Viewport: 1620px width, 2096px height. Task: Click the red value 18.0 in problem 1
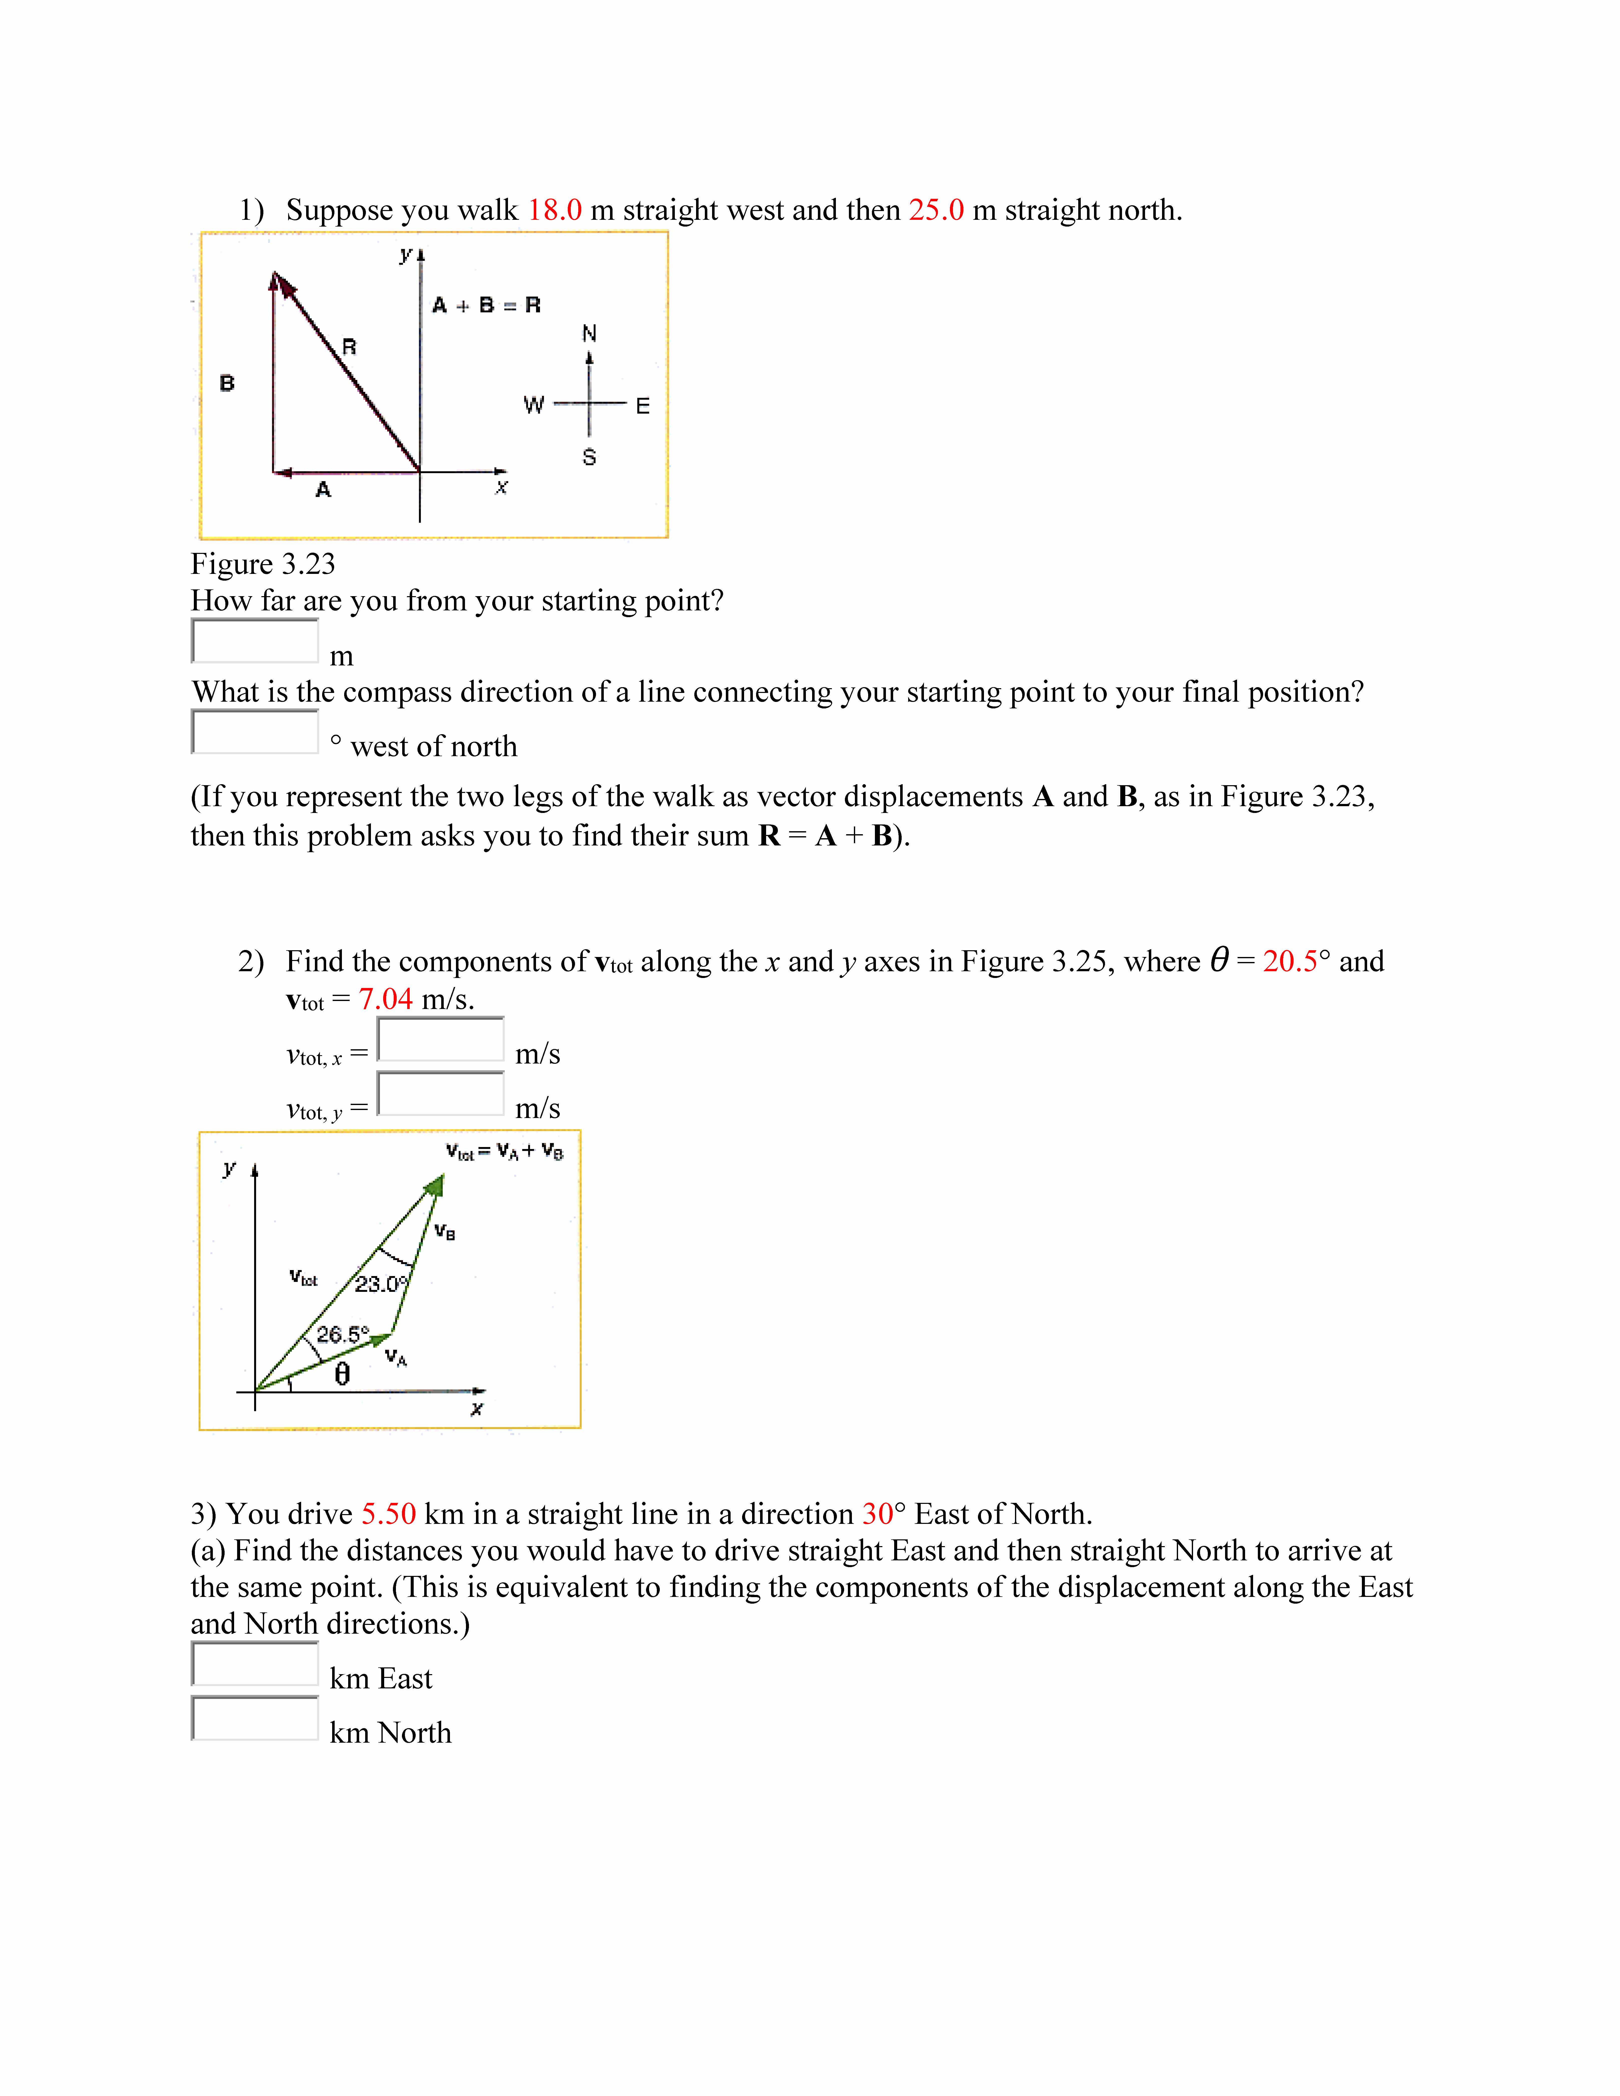(x=555, y=210)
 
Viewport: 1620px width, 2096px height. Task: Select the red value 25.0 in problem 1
(x=936, y=210)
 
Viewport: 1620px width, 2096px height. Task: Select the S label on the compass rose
(x=589, y=457)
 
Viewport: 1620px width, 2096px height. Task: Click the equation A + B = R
(x=486, y=305)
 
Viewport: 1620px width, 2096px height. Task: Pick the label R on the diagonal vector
(x=349, y=346)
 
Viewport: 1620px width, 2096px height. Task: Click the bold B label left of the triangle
(x=227, y=383)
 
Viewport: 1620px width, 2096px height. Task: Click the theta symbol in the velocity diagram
(x=342, y=1375)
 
